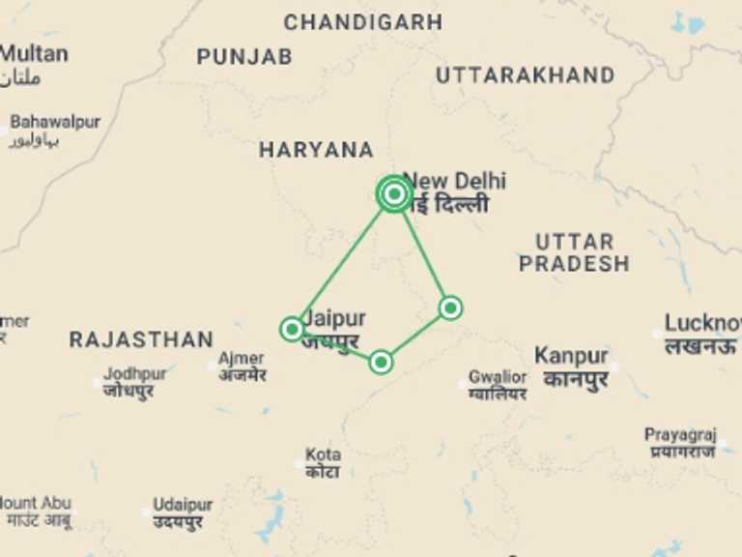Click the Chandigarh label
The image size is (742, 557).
pos(362,21)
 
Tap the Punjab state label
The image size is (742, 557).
pos(244,57)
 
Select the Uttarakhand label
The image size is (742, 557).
pos(525,75)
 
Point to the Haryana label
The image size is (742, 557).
pos(316,150)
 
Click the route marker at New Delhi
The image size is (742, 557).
pos(393,194)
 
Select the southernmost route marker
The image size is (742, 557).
pos(381,362)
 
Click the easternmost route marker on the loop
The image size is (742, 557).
pos(450,308)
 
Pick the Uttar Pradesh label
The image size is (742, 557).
pos(574,252)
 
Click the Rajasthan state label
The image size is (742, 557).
pos(141,339)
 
